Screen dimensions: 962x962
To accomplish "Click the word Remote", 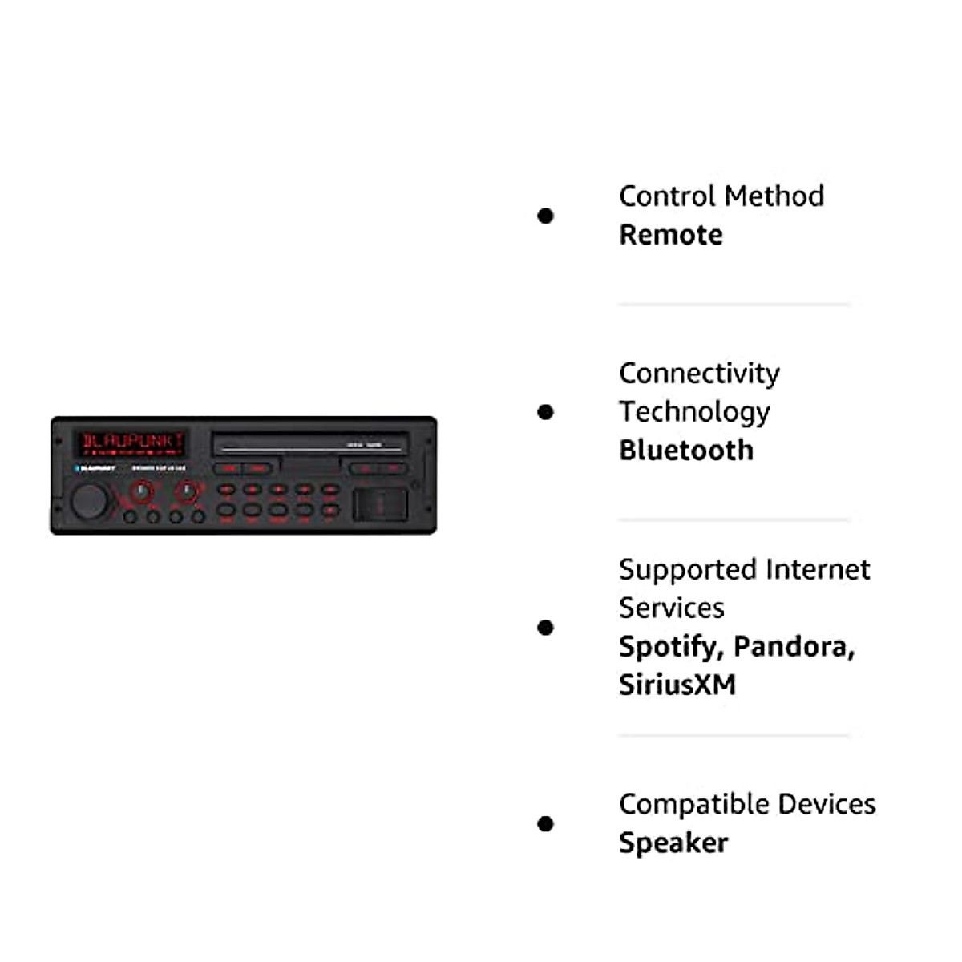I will tap(670, 235).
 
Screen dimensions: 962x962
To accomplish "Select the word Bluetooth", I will tap(686, 451).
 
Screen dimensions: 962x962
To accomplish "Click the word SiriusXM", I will tap(677, 685).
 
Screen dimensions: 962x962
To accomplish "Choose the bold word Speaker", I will tap(673, 843).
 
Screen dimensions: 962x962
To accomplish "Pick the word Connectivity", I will tap(699, 374).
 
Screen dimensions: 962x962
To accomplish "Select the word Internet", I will tap(818, 569).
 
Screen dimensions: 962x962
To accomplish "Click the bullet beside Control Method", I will tap(546, 216).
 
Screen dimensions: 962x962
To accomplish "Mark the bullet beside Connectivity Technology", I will tap(546, 412).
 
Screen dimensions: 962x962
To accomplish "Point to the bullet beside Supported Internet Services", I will tap(546, 627).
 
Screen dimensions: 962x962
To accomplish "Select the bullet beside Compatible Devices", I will tap(546, 823).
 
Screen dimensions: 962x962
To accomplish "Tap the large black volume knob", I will tap(88, 502).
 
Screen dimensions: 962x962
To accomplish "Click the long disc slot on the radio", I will tap(309, 443).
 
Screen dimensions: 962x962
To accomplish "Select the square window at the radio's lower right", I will tap(381, 503).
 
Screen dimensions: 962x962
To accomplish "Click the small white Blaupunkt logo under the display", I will tap(95, 468).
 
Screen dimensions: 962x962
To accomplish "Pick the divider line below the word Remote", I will tap(734, 305).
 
